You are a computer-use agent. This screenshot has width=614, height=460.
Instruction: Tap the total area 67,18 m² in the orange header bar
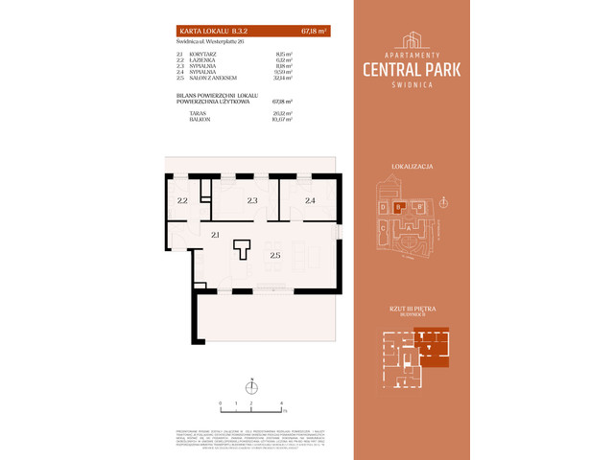pos(314,32)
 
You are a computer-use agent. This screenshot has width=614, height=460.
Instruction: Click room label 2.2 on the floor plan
pos(182,200)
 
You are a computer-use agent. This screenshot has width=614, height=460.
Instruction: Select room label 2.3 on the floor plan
pos(251,200)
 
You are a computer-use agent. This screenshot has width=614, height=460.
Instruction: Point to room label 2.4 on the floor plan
pos(310,200)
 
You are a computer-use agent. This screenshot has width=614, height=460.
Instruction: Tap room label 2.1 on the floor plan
pos(217,235)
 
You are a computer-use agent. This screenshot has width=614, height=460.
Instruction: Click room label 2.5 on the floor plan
pos(275,255)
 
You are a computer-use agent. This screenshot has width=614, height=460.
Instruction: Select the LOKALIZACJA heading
pos(413,166)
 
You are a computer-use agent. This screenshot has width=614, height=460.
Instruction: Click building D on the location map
pos(382,207)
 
